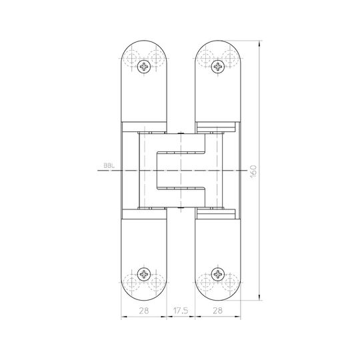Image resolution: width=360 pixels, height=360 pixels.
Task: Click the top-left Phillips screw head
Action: (145, 66)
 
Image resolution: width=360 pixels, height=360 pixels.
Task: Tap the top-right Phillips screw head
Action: (217, 66)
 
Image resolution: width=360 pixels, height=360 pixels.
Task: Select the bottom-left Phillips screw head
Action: (145, 274)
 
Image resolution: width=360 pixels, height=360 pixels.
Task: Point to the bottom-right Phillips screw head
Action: (217, 274)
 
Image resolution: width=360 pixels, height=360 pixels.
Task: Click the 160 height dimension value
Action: (254, 171)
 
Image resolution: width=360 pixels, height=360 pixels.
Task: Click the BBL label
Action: (108, 167)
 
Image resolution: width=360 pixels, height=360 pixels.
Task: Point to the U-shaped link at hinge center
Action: (180, 171)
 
